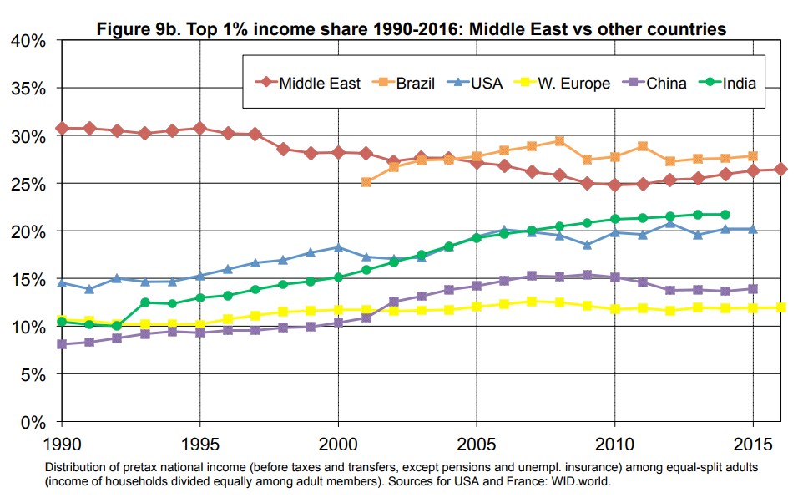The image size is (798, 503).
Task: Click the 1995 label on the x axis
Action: click(199, 440)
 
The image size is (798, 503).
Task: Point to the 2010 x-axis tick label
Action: click(614, 440)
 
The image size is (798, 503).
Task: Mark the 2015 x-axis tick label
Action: click(752, 440)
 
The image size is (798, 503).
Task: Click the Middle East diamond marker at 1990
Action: click(62, 128)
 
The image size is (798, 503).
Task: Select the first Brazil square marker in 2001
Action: click(366, 182)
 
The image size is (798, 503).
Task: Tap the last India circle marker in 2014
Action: click(725, 215)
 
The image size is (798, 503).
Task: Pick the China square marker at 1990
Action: click(62, 344)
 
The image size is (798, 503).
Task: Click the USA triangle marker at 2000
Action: click(338, 247)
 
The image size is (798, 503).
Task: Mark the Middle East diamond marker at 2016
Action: click(780, 170)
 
